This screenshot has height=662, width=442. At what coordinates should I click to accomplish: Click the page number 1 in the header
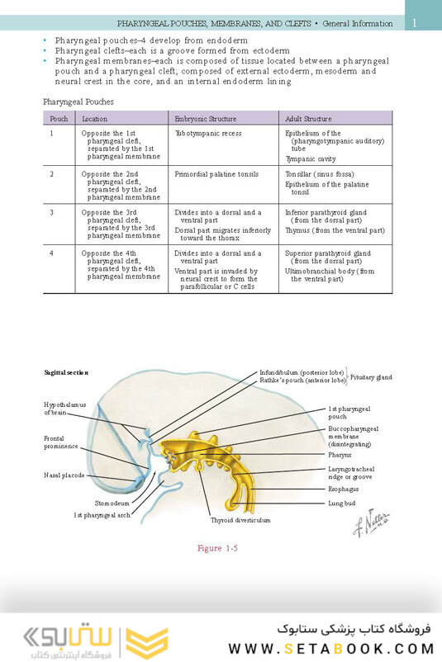click(416, 23)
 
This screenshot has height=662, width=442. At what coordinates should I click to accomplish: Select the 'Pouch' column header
click(59, 119)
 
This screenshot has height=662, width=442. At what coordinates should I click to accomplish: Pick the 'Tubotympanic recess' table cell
click(208, 132)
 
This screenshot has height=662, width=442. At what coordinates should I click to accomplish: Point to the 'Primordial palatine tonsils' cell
click(216, 174)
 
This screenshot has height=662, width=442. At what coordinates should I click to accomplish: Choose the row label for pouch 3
click(52, 212)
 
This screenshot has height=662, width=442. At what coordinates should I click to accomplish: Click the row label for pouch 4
click(52, 253)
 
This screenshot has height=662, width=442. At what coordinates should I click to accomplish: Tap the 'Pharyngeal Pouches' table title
click(78, 102)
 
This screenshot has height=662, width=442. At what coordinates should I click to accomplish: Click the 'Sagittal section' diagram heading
click(66, 373)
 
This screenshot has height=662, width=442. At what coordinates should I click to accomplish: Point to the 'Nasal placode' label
click(64, 475)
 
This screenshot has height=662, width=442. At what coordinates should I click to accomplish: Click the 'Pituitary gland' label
click(371, 376)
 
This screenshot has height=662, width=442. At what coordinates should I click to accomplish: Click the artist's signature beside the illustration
click(371, 523)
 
